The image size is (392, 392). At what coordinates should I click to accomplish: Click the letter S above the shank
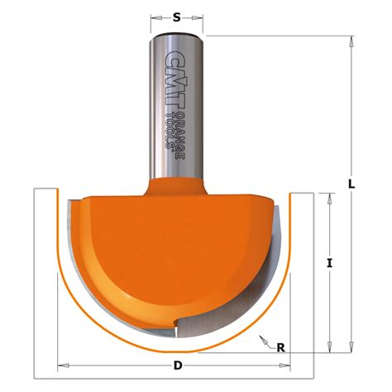[177, 16]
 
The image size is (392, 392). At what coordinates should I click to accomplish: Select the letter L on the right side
[352, 185]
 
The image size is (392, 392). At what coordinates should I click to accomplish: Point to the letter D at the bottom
[178, 366]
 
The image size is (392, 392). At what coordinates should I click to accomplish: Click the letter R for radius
[281, 347]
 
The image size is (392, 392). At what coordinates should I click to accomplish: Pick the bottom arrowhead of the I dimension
[330, 346]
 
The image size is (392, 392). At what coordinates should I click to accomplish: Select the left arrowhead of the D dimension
[60, 366]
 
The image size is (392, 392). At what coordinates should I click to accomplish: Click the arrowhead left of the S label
[158, 16]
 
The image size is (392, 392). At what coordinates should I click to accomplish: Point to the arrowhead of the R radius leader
[261, 337]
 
